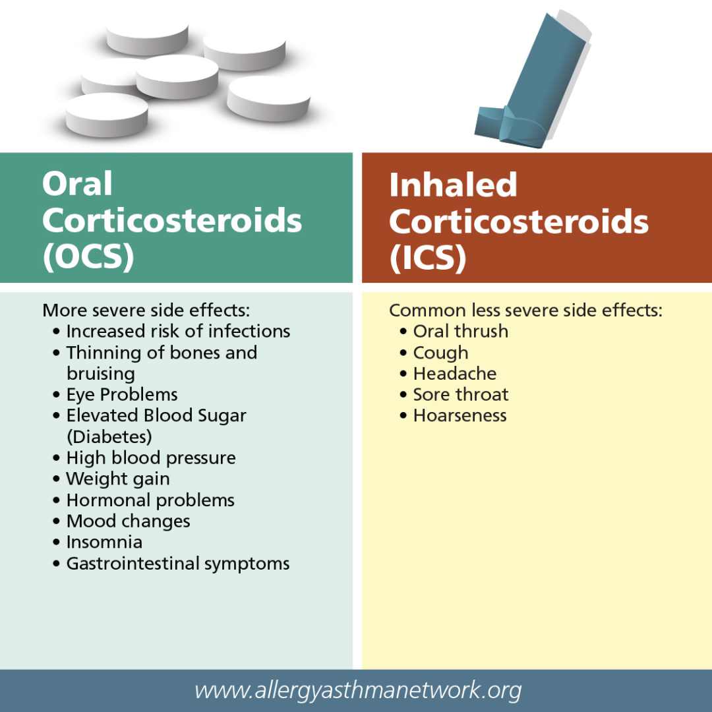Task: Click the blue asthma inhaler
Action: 531,82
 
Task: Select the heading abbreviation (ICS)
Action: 428,258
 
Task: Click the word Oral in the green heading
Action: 77,184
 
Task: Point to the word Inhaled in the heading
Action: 453,185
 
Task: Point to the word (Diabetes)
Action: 109,437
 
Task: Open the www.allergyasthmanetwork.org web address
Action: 358,691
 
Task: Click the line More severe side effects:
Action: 146,311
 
